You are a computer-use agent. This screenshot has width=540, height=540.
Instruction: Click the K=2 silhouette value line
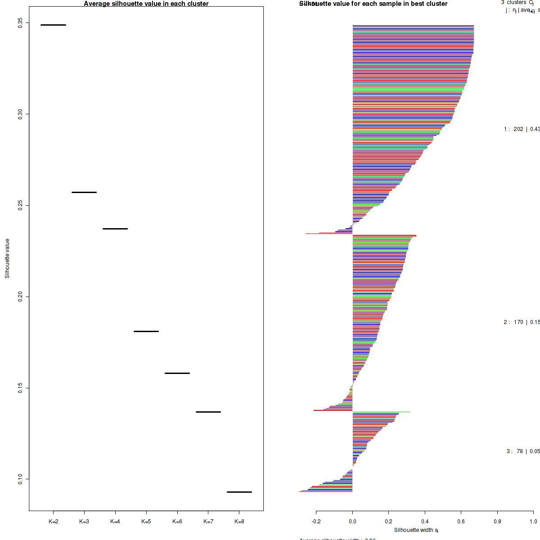[x=53, y=25]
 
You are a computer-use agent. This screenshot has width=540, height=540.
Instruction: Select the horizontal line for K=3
[x=84, y=192]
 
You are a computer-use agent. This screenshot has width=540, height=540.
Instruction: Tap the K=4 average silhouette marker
[x=115, y=229]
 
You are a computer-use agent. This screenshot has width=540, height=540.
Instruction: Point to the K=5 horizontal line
[x=146, y=331]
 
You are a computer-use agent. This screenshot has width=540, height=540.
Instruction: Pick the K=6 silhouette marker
[x=177, y=373]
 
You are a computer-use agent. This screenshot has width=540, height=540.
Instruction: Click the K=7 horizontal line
[x=208, y=412]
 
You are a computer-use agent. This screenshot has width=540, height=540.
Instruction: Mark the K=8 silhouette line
[x=239, y=492]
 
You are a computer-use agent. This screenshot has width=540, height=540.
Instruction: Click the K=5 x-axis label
[x=146, y=522]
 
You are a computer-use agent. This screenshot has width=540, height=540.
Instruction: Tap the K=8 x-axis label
[x=239, y=522]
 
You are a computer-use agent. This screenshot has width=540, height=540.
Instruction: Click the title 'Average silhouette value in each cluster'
[x=146, y=4]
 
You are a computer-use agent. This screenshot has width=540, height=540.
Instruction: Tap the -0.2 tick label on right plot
[x=316, y=522]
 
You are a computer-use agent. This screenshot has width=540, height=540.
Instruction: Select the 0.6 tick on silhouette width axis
[x=461, y=522]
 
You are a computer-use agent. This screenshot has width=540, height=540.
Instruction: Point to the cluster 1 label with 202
[x=521, y=129]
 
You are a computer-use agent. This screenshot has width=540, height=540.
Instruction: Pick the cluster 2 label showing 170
[x=521, y=322]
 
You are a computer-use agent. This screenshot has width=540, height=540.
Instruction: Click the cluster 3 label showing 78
[x=522, y=451]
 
